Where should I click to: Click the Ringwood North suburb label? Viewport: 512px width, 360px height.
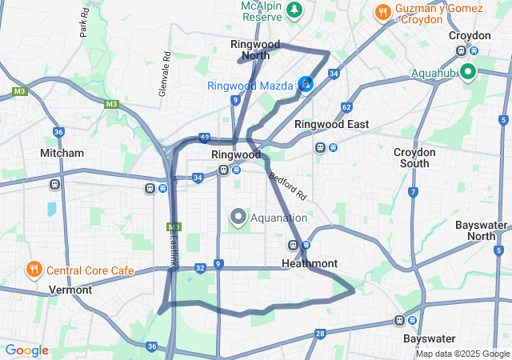(x=250, y=50)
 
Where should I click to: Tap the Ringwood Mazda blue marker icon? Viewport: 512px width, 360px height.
(x=306, y=83)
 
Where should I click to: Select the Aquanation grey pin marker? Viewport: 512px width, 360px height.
(x=238, y=216)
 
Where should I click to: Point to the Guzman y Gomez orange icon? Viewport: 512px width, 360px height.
(x=383, y=12)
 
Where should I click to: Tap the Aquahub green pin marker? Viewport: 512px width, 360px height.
(x=466, y=73)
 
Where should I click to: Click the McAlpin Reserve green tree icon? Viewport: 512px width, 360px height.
(x=295, y=10)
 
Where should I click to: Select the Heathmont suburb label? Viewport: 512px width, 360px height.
(x=310, y=263)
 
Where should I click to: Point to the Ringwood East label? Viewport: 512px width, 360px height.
(x=331, y=124)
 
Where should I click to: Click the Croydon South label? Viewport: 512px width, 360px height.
(x=414, y=158)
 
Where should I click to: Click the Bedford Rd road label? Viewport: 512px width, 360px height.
(x=287, y=186)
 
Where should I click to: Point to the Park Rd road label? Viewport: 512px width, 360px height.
(x=83, y=24)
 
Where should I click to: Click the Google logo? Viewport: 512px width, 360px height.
(x=26, y=350)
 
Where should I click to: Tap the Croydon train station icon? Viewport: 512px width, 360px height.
(x=461, y=51)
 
